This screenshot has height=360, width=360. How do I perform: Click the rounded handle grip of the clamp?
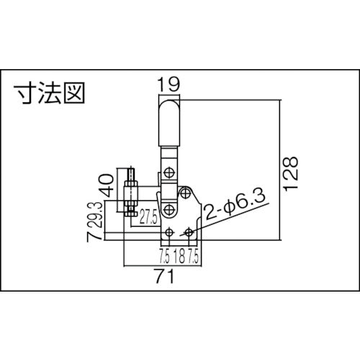[169, 126]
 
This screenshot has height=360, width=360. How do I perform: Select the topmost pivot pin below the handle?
[168, 173]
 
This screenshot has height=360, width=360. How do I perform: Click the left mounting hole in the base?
[168, 232]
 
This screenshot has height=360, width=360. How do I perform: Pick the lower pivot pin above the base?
[168, 209]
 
